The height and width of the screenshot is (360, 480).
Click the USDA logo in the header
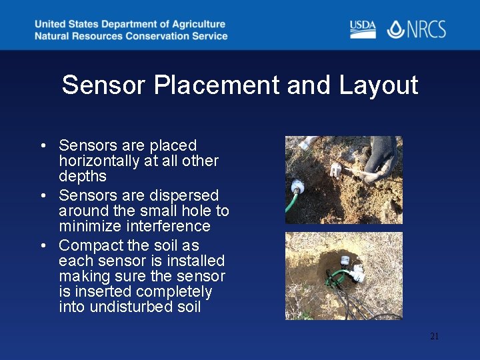(363, 29)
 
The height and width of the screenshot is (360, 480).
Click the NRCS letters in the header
(425, 29)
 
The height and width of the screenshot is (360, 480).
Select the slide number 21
(434, 336)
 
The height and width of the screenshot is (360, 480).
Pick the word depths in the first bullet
(82, 176)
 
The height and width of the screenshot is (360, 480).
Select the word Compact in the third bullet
(86, 245)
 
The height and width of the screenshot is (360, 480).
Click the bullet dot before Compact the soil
(42, 246)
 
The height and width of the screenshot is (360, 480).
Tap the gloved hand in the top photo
(383, 156)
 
